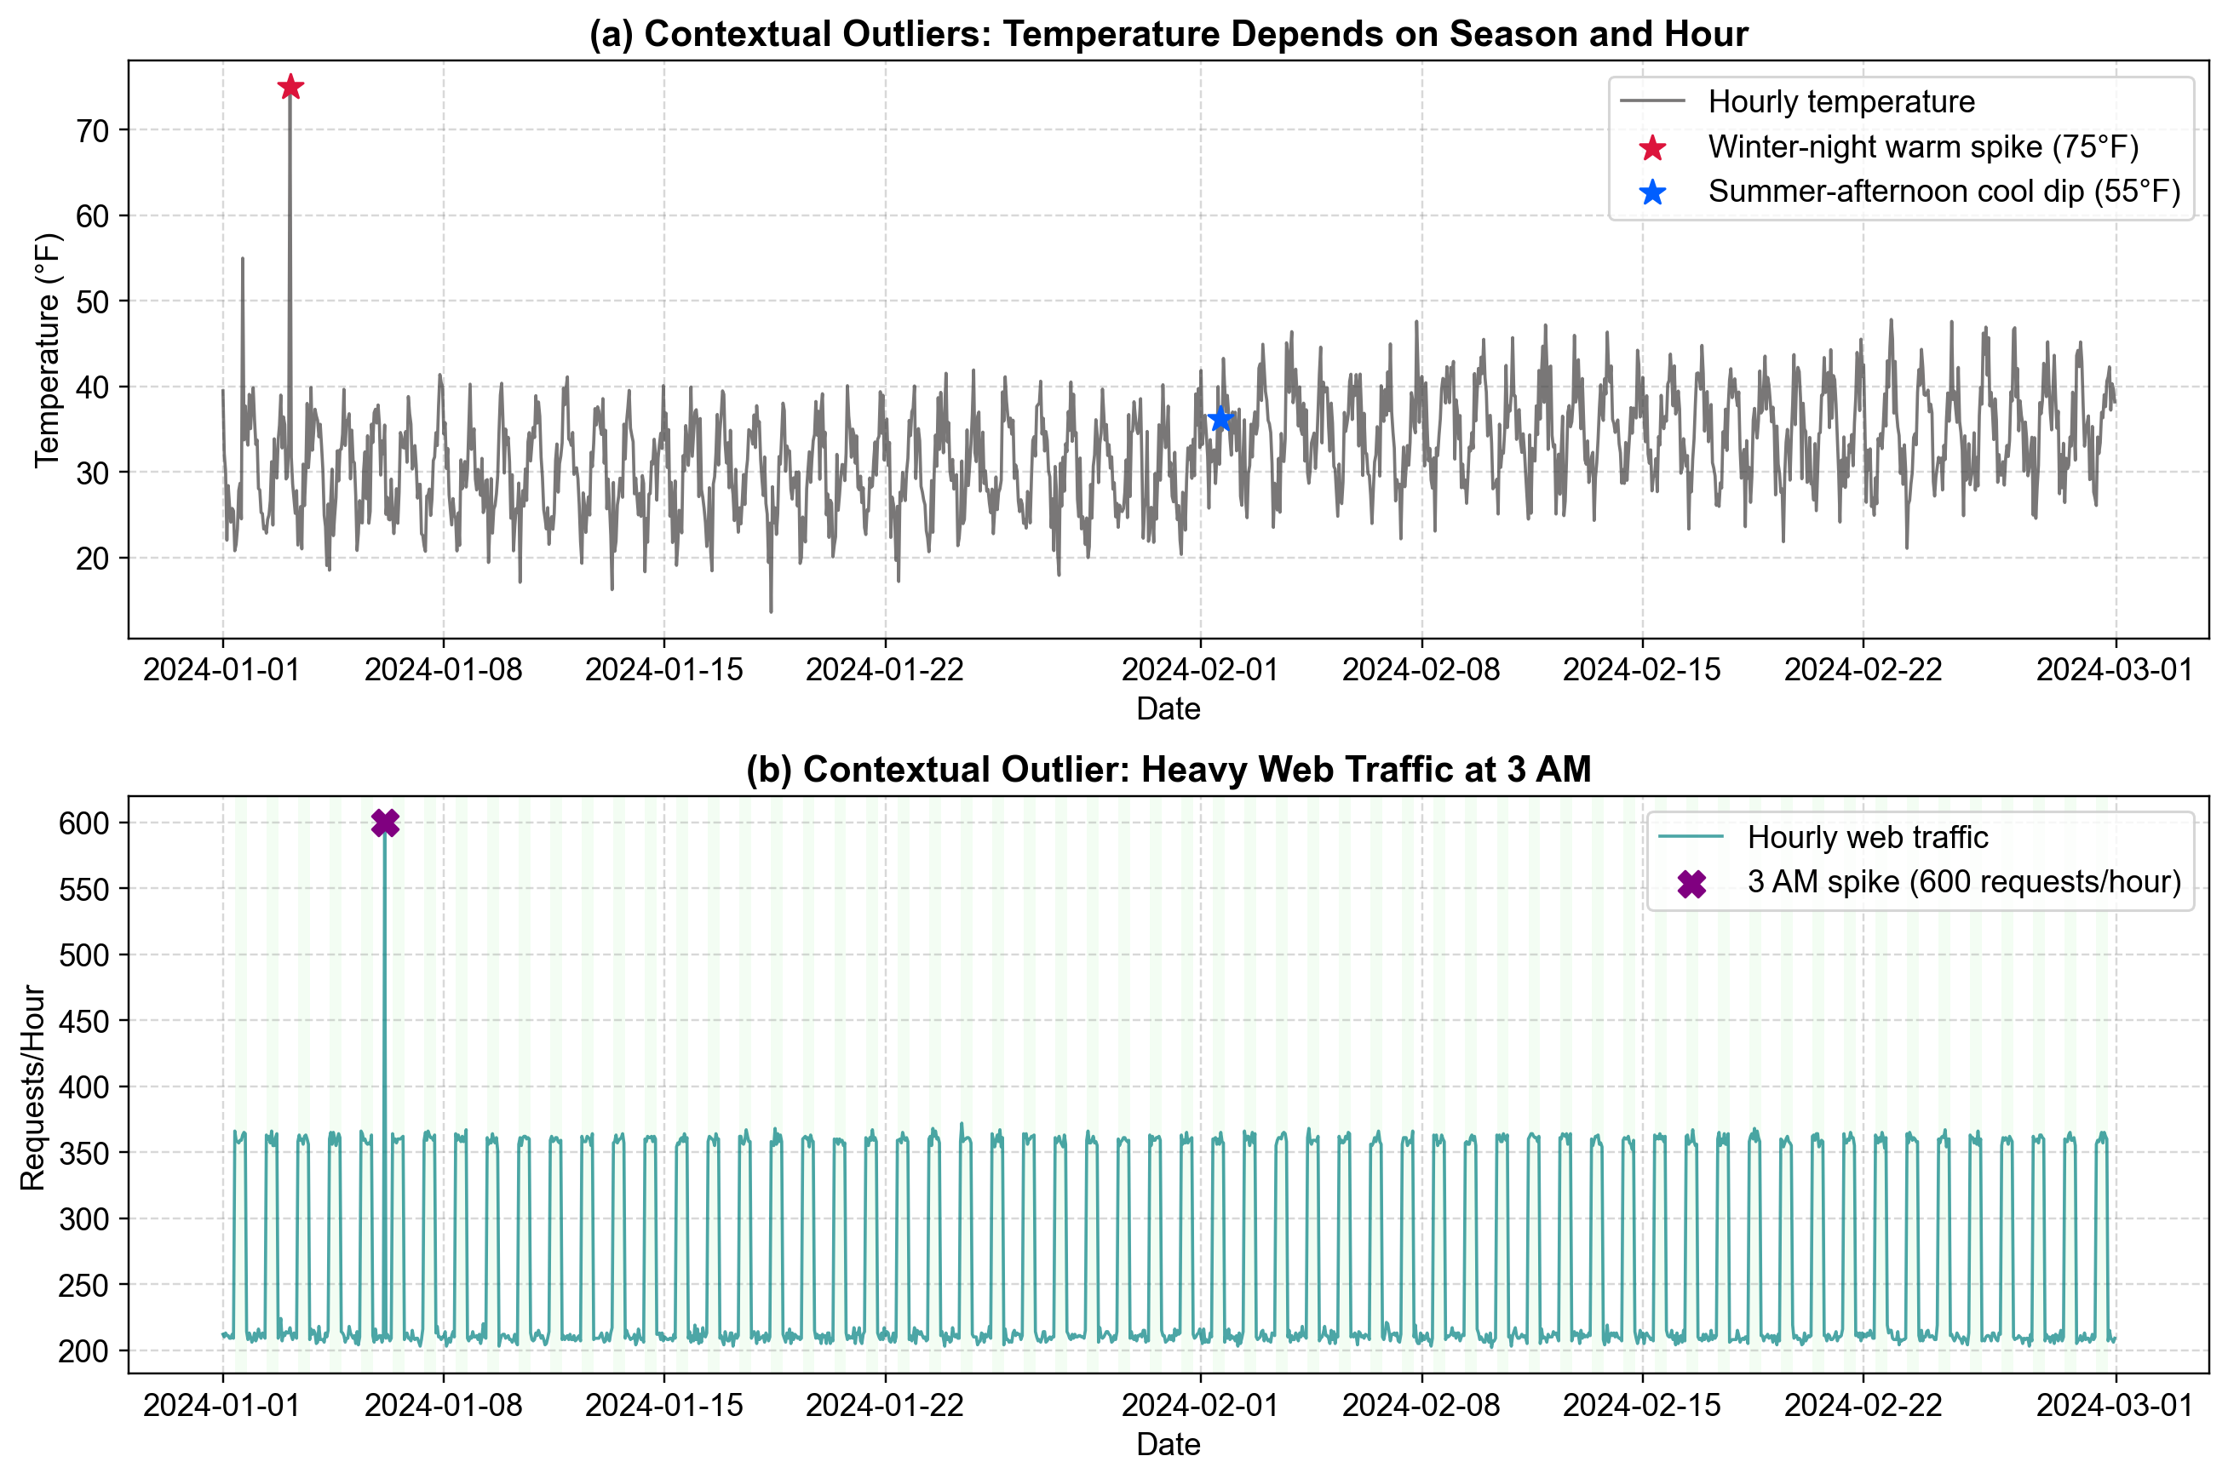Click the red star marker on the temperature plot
coord(290,87)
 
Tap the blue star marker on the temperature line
coord(1220,419)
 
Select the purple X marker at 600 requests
coord(385,823)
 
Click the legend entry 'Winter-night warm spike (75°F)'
coord(1922,147)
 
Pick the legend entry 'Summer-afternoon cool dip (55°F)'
coord(1944,192)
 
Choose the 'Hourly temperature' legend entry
coord(1840,102)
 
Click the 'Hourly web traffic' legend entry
coord(1867,837)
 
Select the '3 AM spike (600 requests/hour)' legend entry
coord(1964,882)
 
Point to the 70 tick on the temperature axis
coord(93,130)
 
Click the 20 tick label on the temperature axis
coord(93,559)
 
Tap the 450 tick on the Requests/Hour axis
coord(84,1021)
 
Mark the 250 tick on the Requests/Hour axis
coord(84,1285)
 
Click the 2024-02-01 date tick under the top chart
coord(1200,670)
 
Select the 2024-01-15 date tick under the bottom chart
coord(664,1406)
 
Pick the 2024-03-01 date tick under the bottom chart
coord(2114,1406)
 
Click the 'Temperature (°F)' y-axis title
coord(47,350)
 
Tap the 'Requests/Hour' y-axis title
coord(33,1086)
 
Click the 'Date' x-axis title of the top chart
coord(1168,708)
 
